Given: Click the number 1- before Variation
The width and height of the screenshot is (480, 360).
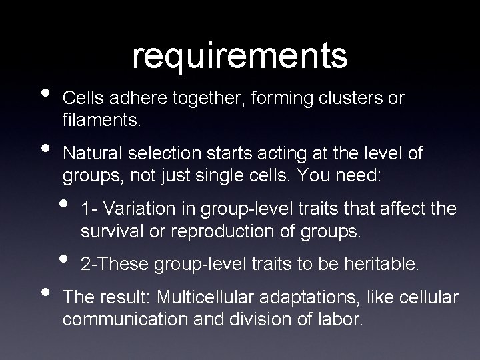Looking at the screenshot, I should (x=87, y=209).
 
